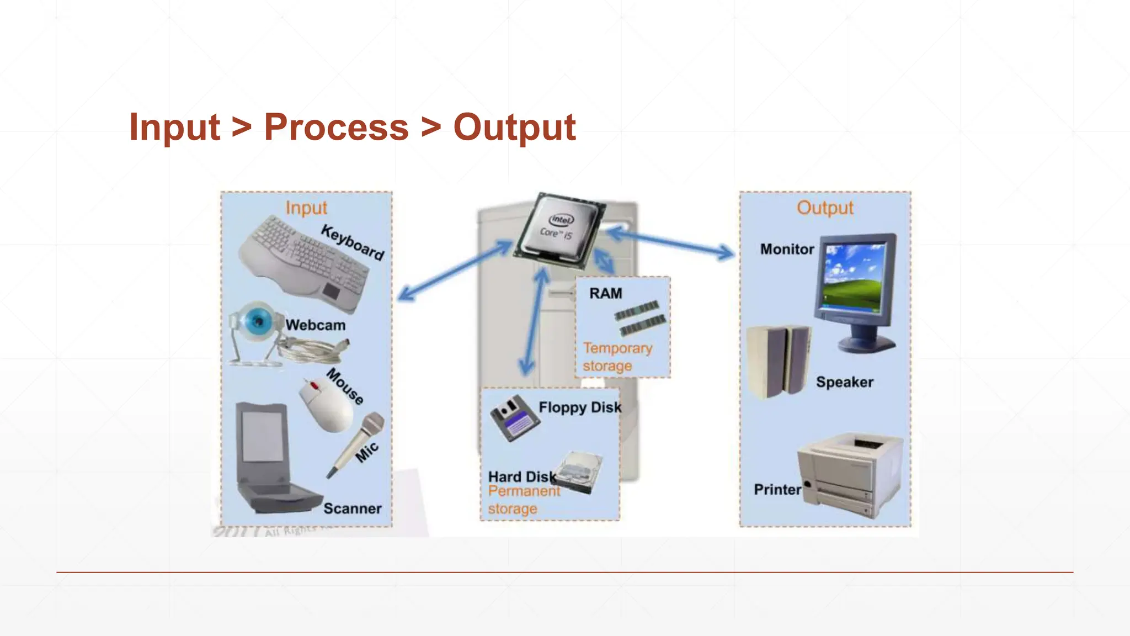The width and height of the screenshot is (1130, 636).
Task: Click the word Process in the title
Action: [336, 128]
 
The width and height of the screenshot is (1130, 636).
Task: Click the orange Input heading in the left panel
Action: [306, 208]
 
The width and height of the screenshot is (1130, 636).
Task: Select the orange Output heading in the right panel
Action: [825, 208]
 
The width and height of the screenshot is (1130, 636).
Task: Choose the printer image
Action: [850, 475]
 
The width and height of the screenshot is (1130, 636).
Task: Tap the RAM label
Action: [605, 294]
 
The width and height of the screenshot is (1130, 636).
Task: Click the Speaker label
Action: [844, 382]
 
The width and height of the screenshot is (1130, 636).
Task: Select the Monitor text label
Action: [787, 250]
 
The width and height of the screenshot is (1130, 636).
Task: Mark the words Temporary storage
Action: [617, 357]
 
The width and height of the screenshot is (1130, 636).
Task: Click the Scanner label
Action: [352, 508]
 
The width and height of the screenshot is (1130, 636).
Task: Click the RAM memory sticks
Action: [640, 318]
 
